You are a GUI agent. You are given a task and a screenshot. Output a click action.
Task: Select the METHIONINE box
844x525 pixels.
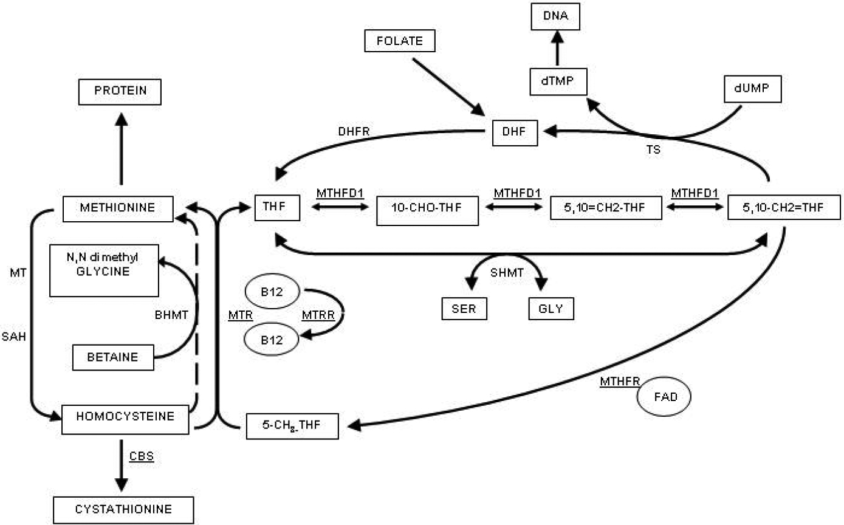pyautogui.click(x=117, y=208)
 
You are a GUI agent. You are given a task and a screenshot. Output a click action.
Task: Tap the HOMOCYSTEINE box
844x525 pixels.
pyautogui.click(x=126, y=417)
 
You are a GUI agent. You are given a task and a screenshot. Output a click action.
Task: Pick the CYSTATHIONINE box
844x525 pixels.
pyautogui.click(x=124, y=509)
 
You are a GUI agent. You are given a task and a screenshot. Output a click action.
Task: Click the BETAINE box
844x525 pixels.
pyautogui.click(x=113, y=357)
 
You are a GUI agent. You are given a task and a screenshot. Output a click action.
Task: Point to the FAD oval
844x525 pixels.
pyautogui.click(x=665, y=399)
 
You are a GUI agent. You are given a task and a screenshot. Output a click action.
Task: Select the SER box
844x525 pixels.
pyautogui.click(x=464, y=309)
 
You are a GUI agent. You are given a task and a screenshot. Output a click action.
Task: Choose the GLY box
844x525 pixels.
pyautogui.click(x=551, y=309)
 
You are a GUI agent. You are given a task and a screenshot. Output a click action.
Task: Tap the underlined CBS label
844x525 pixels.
pyautogui.click(x=141, y=456)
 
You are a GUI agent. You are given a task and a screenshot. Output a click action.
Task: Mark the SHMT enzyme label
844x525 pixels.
pyautogui.click(x=507, y=275)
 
